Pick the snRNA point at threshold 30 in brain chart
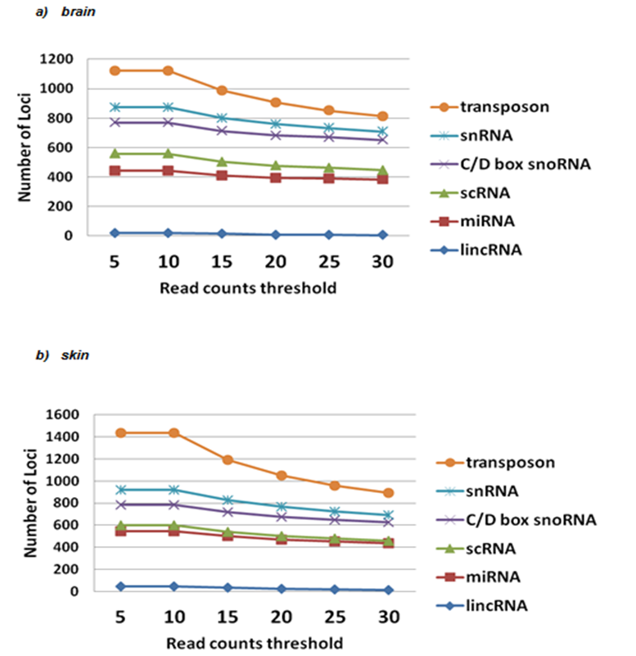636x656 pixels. (382, 131)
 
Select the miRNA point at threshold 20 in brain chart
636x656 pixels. (276, 178)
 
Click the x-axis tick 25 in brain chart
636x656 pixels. (329, 262)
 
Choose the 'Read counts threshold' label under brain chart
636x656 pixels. (247, 287)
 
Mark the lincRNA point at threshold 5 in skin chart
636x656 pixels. (120, 586)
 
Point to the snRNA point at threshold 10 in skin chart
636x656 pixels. (173, 490)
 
